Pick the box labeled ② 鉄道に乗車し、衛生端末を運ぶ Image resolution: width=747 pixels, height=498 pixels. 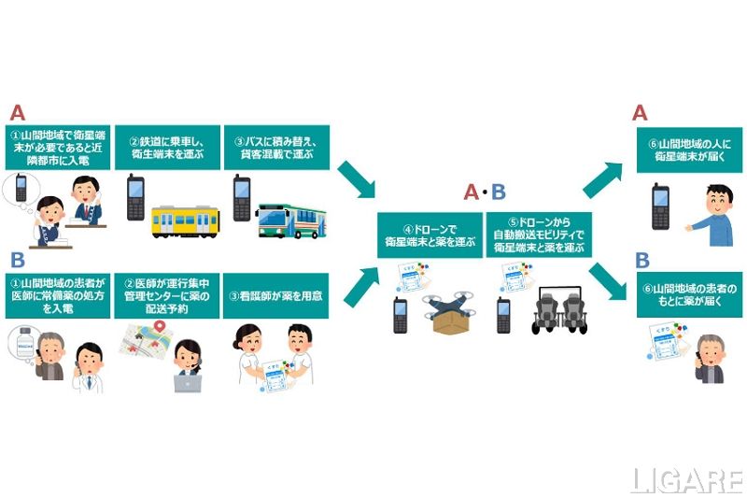point(166,147)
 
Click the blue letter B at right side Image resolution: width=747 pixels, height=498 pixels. point(641,260)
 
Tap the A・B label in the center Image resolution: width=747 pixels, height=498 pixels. point(486,193)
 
